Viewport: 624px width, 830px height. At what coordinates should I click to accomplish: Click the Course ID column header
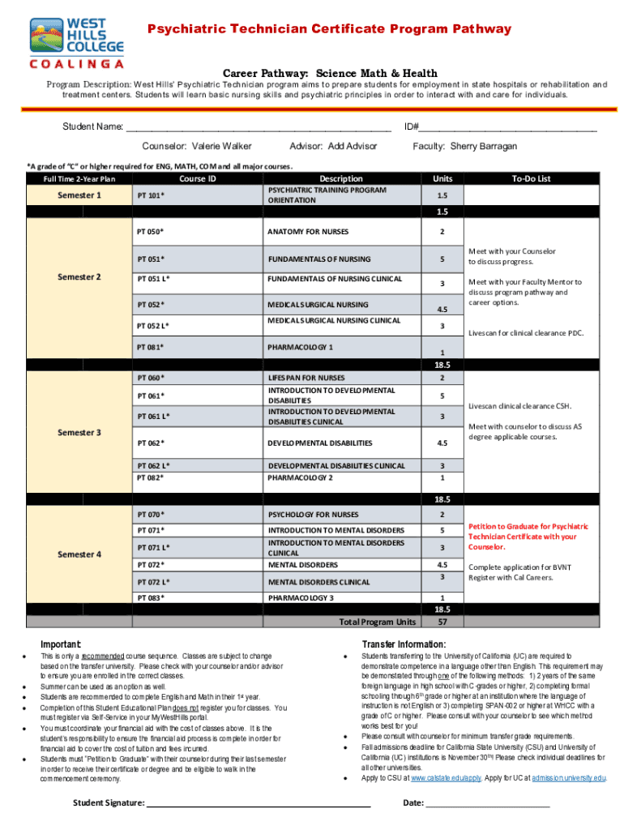click(x=197, y=178)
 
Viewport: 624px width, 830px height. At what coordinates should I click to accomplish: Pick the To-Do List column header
click(x=531, y=178)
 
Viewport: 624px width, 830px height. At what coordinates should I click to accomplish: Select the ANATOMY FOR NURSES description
click(x=307, y=232)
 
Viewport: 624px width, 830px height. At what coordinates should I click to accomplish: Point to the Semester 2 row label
click(x=79, y=277)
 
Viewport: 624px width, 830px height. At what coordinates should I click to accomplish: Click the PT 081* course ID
click(x=151, y=348)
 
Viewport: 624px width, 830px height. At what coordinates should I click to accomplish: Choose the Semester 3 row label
click(x=79, y=432)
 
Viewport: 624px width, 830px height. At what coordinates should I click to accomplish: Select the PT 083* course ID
click(x=151, y=597)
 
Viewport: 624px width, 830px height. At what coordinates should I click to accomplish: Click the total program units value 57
click(x=442, y=622)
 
